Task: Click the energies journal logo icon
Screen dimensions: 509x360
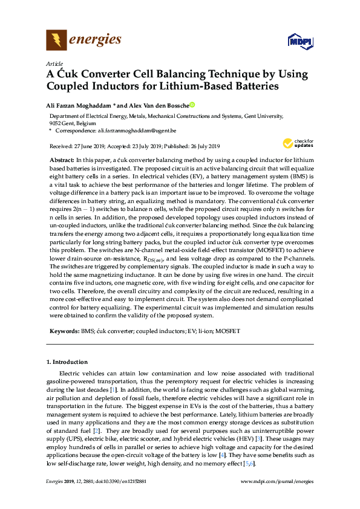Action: [x=57, y=41]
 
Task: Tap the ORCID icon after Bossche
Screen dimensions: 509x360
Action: [x=192, y=105]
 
